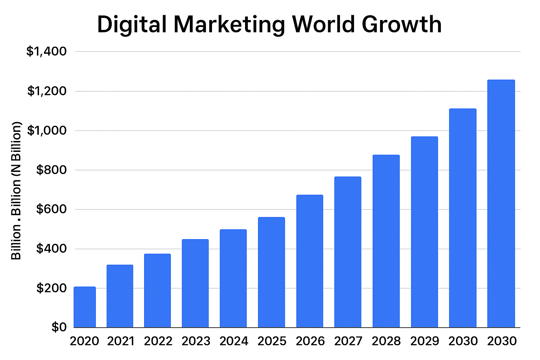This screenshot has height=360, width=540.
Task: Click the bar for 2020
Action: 85,307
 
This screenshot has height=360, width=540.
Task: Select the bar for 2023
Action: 195,283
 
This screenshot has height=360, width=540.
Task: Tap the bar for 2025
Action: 271,272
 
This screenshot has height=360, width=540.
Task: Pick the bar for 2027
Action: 348,252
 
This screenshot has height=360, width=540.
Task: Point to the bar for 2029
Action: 424,232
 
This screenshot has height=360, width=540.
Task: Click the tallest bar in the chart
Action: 501,204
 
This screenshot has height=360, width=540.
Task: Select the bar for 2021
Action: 120,296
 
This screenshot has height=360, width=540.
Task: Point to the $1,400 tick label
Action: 46,52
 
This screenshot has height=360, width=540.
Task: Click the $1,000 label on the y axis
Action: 46,131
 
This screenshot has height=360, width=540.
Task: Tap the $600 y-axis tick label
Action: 51,210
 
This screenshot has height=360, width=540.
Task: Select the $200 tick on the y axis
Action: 51,288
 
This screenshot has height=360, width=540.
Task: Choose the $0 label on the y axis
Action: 59,327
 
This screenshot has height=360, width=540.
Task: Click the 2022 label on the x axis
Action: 158,341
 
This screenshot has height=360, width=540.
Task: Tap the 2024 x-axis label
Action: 234,341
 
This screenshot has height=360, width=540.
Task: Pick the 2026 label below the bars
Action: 310,341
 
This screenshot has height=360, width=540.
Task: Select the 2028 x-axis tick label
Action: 386,341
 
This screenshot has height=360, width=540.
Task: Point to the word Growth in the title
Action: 401,25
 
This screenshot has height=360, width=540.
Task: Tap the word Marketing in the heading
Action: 229,25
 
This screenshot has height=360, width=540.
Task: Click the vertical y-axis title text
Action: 17,191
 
